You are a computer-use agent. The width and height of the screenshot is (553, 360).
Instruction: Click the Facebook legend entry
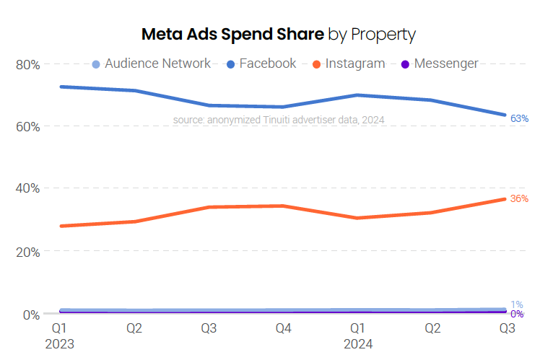click(x=261, y=63)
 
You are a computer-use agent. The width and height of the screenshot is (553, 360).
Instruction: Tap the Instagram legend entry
click(x=348, y=63)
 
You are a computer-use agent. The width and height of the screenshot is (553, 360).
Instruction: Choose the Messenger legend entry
click(x=439, y=63)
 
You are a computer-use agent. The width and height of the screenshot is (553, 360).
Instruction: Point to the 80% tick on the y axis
click(x=27, y=64)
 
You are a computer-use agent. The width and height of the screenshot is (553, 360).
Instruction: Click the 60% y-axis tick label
click(x=27, y=126)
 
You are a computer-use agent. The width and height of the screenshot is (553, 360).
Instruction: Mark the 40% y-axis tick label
click(x=27, y=188)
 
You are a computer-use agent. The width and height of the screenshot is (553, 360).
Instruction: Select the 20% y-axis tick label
click(x=27, y=252)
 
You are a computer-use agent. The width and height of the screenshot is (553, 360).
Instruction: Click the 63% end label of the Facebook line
click(x=519, y=118)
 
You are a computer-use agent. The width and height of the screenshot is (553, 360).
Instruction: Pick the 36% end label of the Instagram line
click(x=519, y=198)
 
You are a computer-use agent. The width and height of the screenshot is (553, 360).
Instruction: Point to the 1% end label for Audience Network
click(x=517, y=304)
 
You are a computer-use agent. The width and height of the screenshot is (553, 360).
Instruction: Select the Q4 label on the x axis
click(x=284, y=329)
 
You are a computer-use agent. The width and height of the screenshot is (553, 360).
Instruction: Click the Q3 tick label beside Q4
click(x=209, y=329)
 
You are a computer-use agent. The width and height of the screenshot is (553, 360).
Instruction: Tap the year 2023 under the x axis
click(x=59, y=344)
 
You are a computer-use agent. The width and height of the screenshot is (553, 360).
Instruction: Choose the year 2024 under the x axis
click(x=358, y=344)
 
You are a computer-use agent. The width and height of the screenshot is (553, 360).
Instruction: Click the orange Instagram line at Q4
click(x=284, y=206)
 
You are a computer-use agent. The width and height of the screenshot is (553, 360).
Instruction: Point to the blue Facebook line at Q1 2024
click(x=358, y=95)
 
